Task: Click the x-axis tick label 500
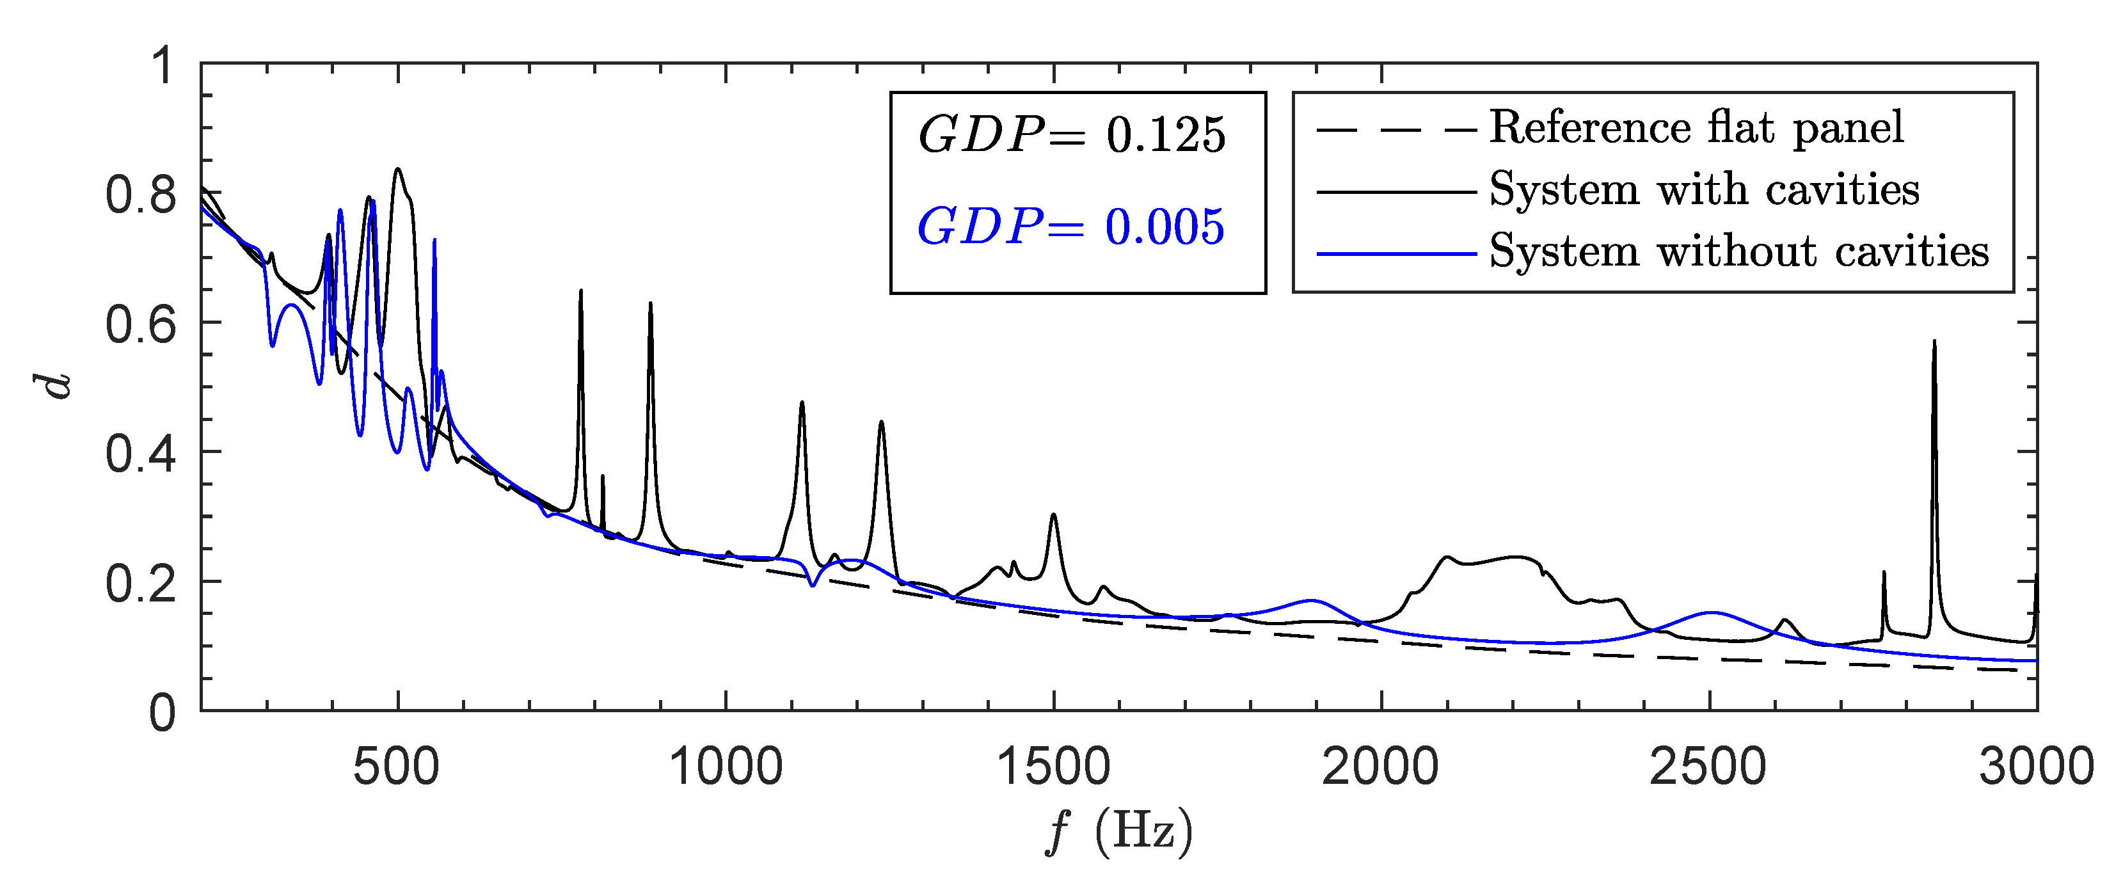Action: [x=397, y=767]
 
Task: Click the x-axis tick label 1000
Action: [x=725, y=767]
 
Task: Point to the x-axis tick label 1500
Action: [x=1053, y=767]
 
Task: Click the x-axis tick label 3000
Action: [x=2035, y=767]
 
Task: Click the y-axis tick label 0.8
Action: [x=141, y=196]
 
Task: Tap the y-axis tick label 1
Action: [x=163, y=66]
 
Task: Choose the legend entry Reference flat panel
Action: [x=1696, y=129]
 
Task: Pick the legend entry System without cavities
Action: [x=1739, y=251]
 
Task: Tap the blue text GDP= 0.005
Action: [x=1071, y=228]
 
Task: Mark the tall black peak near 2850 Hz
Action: [x=1934, y=342]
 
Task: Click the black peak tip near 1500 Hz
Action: [x=1053, y=515]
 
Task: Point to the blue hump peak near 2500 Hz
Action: [x=1711, y=612]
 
